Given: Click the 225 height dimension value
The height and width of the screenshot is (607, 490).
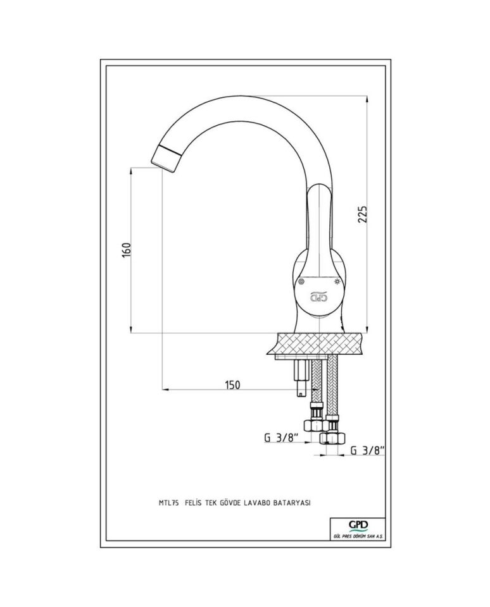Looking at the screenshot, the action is pos(362,214).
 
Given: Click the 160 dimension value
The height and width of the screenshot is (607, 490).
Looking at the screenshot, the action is pos(127,250).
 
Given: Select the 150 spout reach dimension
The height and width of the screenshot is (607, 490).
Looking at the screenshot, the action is pos(232,385).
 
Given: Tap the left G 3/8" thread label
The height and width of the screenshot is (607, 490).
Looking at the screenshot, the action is pos(281,438).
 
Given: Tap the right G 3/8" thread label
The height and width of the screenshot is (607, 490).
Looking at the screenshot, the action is pos(367,450).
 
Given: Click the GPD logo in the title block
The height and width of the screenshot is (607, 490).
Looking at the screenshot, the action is pos(358,525).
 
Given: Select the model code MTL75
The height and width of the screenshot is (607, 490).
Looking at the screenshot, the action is pos(168,503).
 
